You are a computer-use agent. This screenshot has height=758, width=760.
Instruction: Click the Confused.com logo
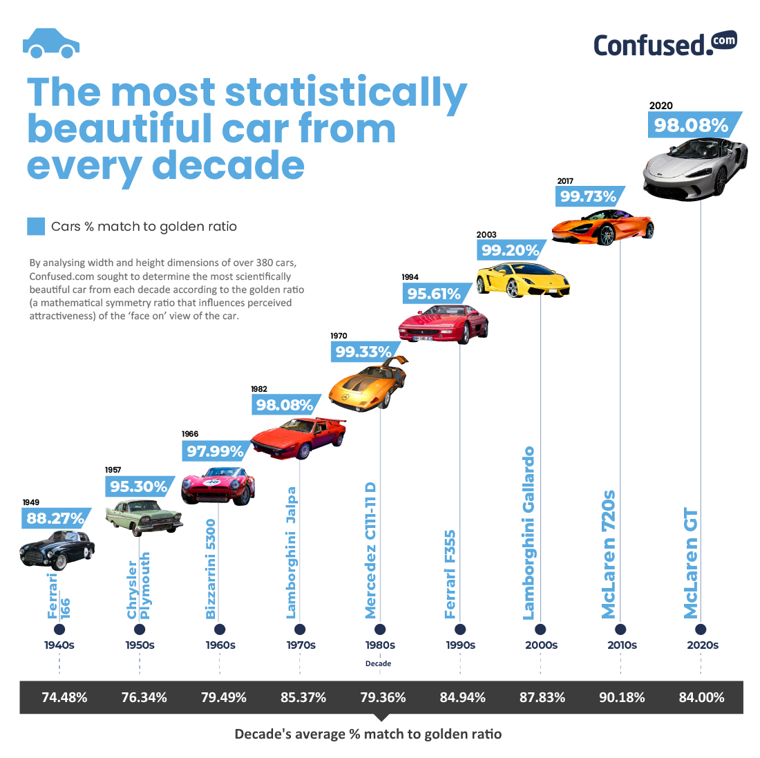point(665,44)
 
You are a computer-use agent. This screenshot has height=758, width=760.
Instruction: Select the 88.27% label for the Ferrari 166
point(55,518)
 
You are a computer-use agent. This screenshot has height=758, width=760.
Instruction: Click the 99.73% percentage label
point(587,196)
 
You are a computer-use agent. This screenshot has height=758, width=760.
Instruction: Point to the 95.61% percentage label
point(433,294)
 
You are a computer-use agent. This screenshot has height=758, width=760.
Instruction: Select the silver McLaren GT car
point(695,166)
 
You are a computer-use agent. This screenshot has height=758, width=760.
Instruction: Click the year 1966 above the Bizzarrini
point(190,434)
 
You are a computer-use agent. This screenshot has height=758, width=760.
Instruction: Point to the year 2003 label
point(486,235)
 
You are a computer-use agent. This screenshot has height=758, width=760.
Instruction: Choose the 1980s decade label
point(380,645)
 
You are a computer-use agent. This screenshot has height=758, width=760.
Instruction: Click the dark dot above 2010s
point(620,629)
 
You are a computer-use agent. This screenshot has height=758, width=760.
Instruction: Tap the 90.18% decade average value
point(622,697)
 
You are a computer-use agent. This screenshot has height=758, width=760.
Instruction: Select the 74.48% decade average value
point(64,697)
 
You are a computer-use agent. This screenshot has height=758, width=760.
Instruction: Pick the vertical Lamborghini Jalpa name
point(292,553)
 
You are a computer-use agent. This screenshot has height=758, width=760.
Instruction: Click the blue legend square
point(35,226)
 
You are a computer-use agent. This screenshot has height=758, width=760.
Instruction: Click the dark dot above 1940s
point(59,629)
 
